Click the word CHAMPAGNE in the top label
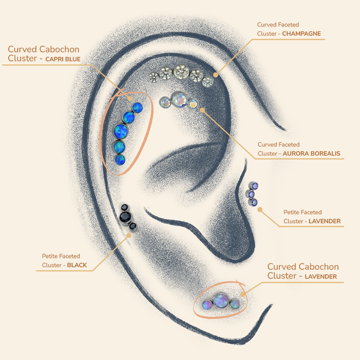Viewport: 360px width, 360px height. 301,34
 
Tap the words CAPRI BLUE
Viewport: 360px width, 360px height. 63,59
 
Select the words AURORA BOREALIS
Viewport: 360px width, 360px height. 311,153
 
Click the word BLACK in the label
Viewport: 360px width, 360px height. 77,265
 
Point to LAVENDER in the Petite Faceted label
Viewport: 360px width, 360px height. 325,221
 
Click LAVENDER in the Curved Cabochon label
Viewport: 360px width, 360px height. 321,276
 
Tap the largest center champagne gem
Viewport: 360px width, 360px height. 181,71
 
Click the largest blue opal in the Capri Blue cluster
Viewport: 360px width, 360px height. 121,131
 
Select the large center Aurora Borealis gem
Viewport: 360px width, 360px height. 179,100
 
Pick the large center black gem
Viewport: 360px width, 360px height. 125,217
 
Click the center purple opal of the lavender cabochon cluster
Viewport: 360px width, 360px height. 221,300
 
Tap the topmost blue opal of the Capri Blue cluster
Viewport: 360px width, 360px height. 137,107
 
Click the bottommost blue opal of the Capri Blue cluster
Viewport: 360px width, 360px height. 120,160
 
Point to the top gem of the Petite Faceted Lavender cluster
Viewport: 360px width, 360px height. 255,186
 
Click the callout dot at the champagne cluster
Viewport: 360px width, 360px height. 215,75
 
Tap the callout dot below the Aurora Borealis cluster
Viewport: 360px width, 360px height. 202,110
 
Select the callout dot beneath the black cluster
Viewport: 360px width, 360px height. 129,235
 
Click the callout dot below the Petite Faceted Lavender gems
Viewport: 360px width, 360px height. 260,209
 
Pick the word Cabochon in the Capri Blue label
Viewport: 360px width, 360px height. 59,49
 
